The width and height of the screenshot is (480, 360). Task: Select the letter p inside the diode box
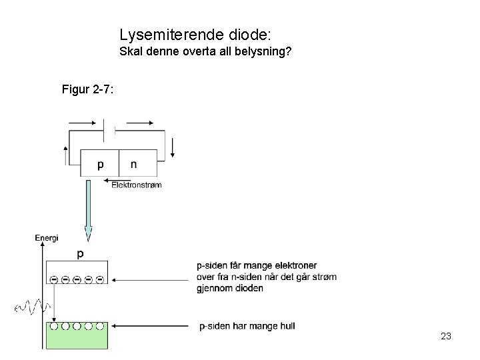pos(101,165)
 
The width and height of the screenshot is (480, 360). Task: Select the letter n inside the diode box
pos(133,164)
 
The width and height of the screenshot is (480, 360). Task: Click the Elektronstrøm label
pos(136,185)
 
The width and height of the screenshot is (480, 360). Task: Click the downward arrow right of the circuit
pos(173,147)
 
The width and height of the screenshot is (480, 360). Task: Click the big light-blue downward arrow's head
pos(89,234)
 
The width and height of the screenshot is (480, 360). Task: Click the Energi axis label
pos(47,237)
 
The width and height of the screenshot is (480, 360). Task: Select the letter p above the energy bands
pos(81,254)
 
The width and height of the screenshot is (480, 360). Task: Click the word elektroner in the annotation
pos(295,266)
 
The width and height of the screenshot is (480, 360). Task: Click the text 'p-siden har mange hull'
pos(247,326)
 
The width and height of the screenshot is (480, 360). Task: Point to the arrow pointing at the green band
pos(153,327)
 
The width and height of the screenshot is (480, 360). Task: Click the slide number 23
pos(446,336)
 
